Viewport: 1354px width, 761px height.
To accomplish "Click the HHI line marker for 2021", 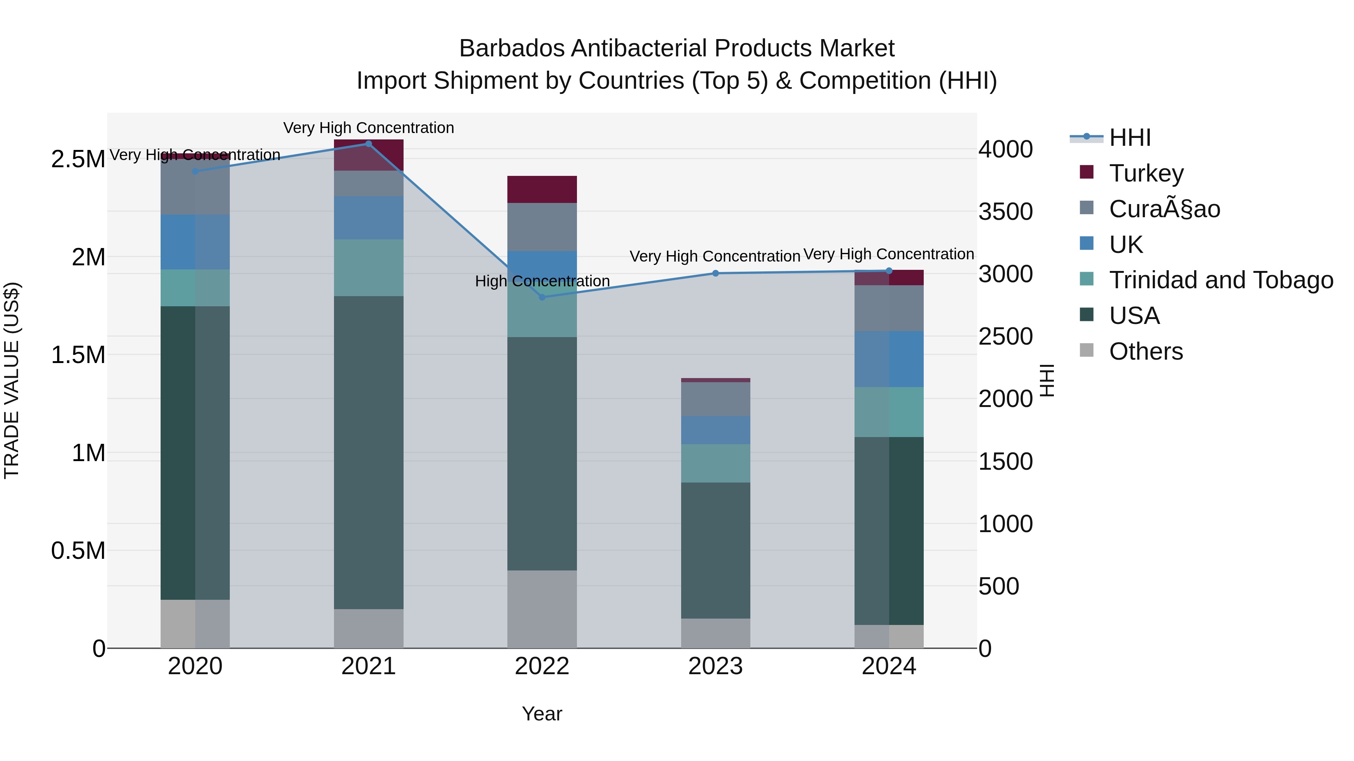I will tap(369, 144).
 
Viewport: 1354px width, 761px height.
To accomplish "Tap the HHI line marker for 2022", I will tap(542, 297).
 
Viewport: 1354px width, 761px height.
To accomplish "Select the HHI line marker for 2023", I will tap(715, 273).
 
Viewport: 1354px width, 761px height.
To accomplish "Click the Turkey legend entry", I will tap(1146, 173).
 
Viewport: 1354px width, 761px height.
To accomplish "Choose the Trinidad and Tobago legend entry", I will tap(1220, 280).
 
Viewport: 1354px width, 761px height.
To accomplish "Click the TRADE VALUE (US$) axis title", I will tap(12, 381).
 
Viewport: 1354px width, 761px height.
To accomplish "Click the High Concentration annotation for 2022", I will tap(542, 281).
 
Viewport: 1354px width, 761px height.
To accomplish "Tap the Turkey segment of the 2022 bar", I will tap(542, 190).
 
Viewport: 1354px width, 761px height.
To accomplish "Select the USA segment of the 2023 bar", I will tap(715, 551).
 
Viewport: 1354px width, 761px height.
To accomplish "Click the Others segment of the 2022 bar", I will tap(542, 609).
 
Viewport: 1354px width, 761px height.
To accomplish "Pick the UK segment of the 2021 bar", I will tap(369, 218).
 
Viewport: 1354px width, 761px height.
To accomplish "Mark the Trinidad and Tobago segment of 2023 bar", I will tap(715, 463).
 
